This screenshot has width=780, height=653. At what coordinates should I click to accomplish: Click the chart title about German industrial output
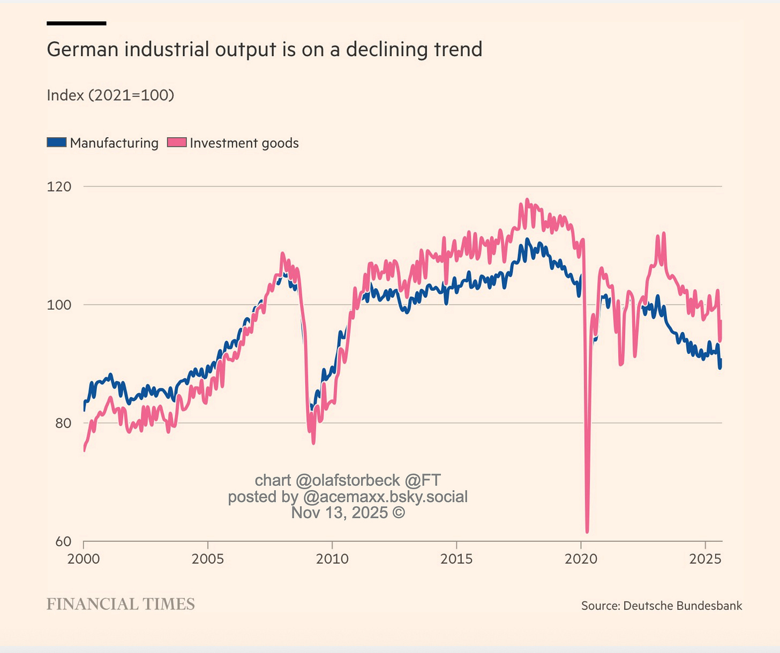point(264,49)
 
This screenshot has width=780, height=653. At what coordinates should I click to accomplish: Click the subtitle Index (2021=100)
point(110,95)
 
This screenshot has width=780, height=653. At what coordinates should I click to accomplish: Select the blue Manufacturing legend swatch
point(57,142)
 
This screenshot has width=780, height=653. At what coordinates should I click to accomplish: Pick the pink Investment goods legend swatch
point(177,142)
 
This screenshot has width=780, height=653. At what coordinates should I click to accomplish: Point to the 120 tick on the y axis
point(59,186)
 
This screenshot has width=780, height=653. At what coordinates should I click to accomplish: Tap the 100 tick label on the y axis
point(59,305)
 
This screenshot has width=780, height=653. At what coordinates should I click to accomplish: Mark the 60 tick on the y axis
point(63,542)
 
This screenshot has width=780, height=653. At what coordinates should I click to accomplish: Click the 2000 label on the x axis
point(84,559)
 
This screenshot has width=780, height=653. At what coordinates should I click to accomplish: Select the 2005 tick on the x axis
point(208,559)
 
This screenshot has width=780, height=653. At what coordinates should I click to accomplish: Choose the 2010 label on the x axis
point(332,559)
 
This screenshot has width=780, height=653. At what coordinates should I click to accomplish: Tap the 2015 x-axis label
point(456,559)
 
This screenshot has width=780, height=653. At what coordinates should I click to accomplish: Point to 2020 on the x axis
point(581,559)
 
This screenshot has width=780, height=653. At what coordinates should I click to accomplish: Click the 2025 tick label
point(706,559)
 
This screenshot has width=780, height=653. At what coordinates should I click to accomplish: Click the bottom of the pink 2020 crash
point(587,531)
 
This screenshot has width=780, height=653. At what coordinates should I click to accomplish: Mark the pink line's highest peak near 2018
point(527,200)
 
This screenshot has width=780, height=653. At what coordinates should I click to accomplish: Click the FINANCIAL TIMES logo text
point(121,604)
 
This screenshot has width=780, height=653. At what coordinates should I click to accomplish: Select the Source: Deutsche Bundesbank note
point(662,606)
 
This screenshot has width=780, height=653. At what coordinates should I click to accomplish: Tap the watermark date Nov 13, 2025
point(348,513)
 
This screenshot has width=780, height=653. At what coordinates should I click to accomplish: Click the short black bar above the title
point(76,23)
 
